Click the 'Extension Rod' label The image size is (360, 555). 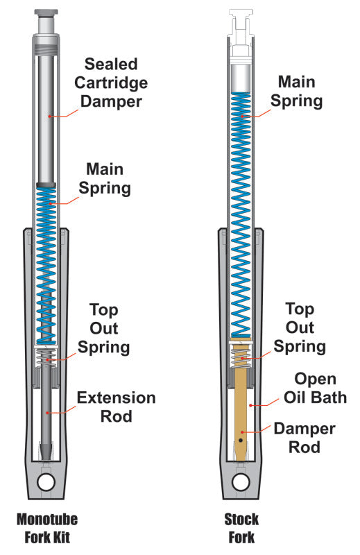pos(116,407)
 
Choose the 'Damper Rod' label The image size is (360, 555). pos(305,438)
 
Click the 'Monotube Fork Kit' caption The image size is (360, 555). pos(46,528)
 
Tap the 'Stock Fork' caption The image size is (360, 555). pos(241,528)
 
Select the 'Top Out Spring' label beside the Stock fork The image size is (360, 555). pos(300,327)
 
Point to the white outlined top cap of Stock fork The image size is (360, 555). pos(241,21)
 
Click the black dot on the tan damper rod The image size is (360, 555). pos(241,439)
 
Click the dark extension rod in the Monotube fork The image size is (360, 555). pos(46,409)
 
